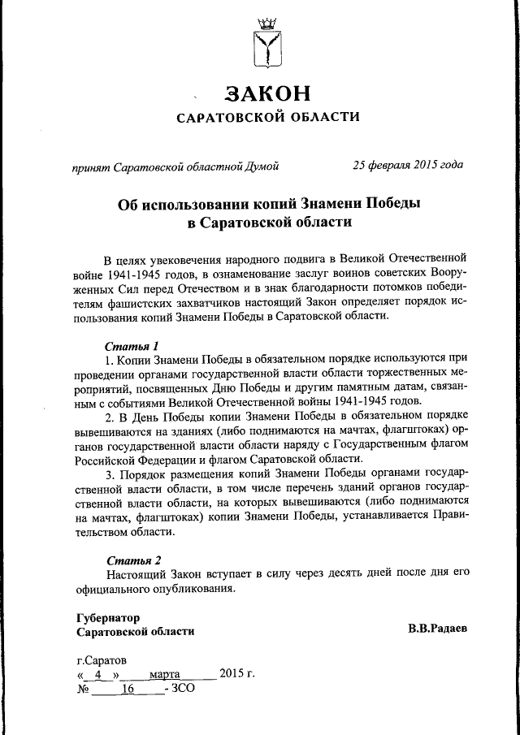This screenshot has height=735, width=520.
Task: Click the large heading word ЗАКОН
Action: point(268,93)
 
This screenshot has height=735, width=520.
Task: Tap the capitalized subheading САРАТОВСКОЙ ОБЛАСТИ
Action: point(268,119)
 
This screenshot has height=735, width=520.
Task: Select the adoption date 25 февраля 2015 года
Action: point(408,166)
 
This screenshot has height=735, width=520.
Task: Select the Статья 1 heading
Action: point(132,345)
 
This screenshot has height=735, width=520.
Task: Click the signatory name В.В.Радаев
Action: point(437,630)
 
